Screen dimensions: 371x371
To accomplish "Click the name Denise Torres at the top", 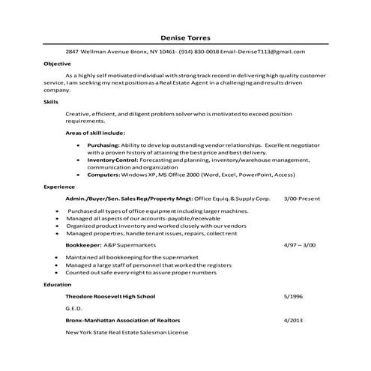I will click(186, 37).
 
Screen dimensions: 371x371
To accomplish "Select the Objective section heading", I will click(56, 64).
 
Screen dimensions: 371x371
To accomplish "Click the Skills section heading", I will click(51, 100).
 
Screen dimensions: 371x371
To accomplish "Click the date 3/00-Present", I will click(301, 199).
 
